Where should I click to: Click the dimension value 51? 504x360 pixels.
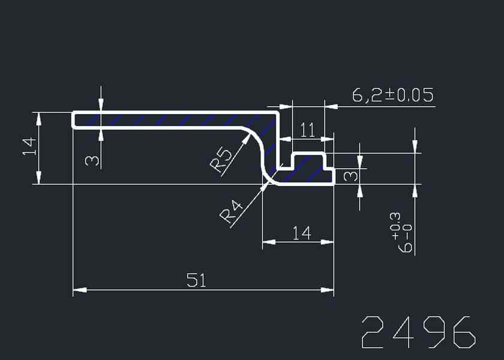point(196,280)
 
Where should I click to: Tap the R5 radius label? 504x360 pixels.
point(222,161)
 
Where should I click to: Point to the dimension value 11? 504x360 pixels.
point(307,131)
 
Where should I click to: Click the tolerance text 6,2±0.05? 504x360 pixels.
point(392,95)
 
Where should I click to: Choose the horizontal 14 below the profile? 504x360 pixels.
point(302,233)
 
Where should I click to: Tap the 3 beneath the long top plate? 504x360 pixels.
point(91,160)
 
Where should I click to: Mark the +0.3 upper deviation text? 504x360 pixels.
point(395,221)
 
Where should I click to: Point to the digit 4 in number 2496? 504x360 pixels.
point(403,332)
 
